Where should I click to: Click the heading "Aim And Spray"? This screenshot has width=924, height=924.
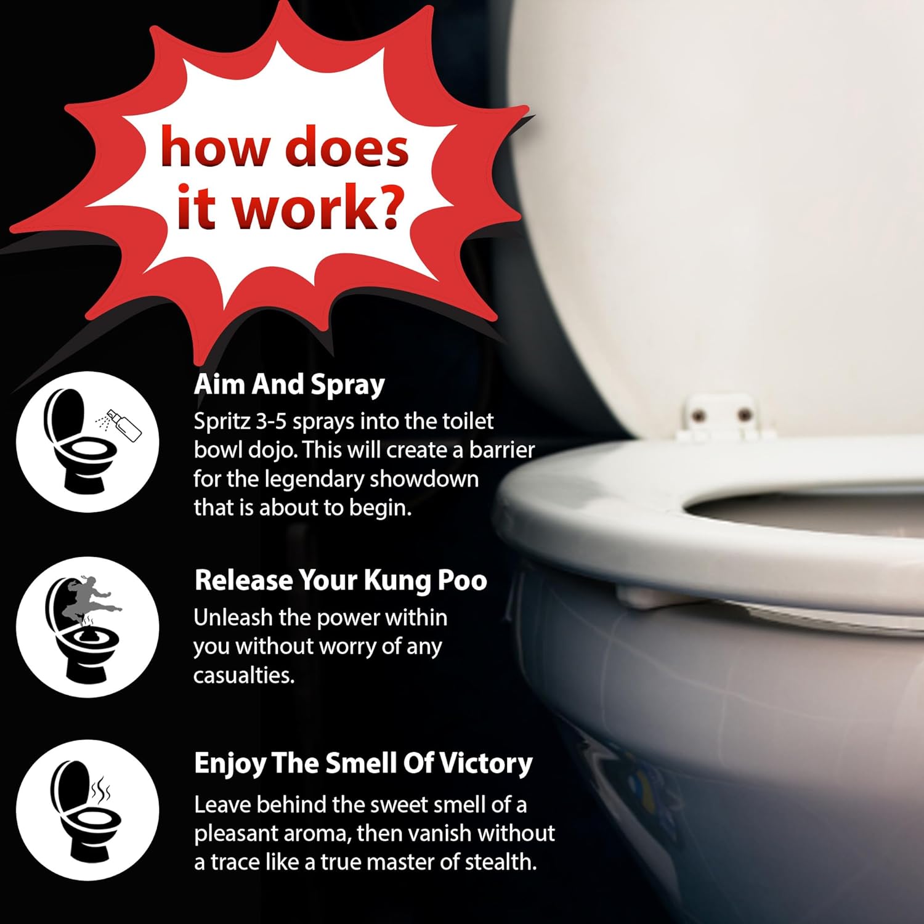(289, 385)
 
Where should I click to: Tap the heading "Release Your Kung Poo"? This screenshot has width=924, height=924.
(341, 580)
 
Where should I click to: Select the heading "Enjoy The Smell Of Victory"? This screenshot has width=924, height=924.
(363, 764)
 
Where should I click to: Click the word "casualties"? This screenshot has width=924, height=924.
(244, 676)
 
